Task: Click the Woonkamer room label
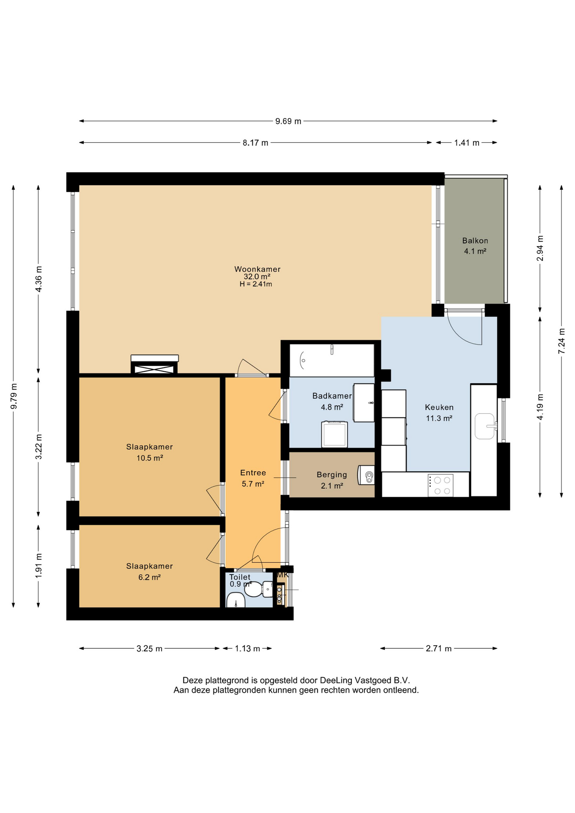(257, 269)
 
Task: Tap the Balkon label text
(475, 241)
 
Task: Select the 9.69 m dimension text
(288, 121)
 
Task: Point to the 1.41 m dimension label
(467, 143)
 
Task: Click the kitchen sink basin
(484, 426)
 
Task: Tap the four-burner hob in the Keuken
(440, 485)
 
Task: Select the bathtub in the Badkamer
(332, 360)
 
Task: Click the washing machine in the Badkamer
(334, 434)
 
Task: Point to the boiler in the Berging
(366, 475)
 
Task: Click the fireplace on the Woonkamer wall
(155, 365)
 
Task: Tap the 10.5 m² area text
(150, 458)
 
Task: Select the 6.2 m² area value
(149, 577)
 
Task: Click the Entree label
(253, 473)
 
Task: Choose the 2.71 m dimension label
(439, 648)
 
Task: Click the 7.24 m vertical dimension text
(561, 341)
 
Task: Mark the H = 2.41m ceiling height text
(256, 284)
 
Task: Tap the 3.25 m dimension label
(149, 648)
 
